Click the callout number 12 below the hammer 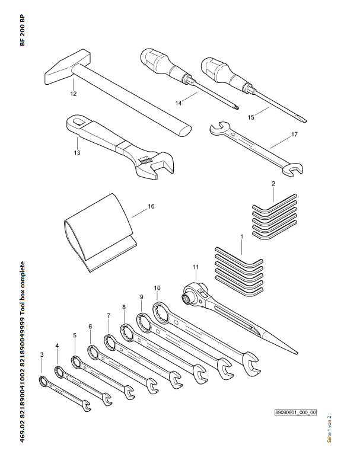73,93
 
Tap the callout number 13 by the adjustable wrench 77,153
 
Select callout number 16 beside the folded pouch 151,206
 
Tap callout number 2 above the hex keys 273,184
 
